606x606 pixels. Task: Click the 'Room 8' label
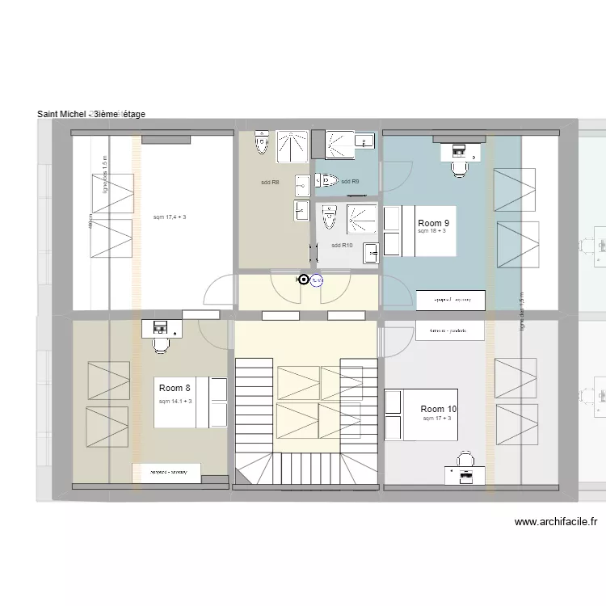point(175,389)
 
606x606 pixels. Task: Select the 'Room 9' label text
point(434,223)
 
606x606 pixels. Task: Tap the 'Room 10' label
point(439,410)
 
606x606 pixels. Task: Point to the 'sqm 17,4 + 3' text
point(170,217)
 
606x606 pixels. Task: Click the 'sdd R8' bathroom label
point(270,183)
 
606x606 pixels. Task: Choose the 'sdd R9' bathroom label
point(350,182)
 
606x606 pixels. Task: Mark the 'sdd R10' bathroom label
point(343,246)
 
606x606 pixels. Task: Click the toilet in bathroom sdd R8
point(261,143)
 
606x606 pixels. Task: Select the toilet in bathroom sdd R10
point(329,217)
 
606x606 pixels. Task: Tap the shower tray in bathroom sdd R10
point(361,219)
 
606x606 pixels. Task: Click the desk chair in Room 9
point(460,167)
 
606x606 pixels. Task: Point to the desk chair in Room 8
point(161,343)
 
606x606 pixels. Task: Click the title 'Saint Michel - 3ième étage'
point(91,114)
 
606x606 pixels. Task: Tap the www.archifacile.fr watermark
point(555,523)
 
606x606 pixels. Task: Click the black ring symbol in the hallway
point(304,280)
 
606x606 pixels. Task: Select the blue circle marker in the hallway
point(317,281)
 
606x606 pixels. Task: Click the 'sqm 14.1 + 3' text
point(175,402)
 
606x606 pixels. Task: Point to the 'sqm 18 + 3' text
point(432,232)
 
